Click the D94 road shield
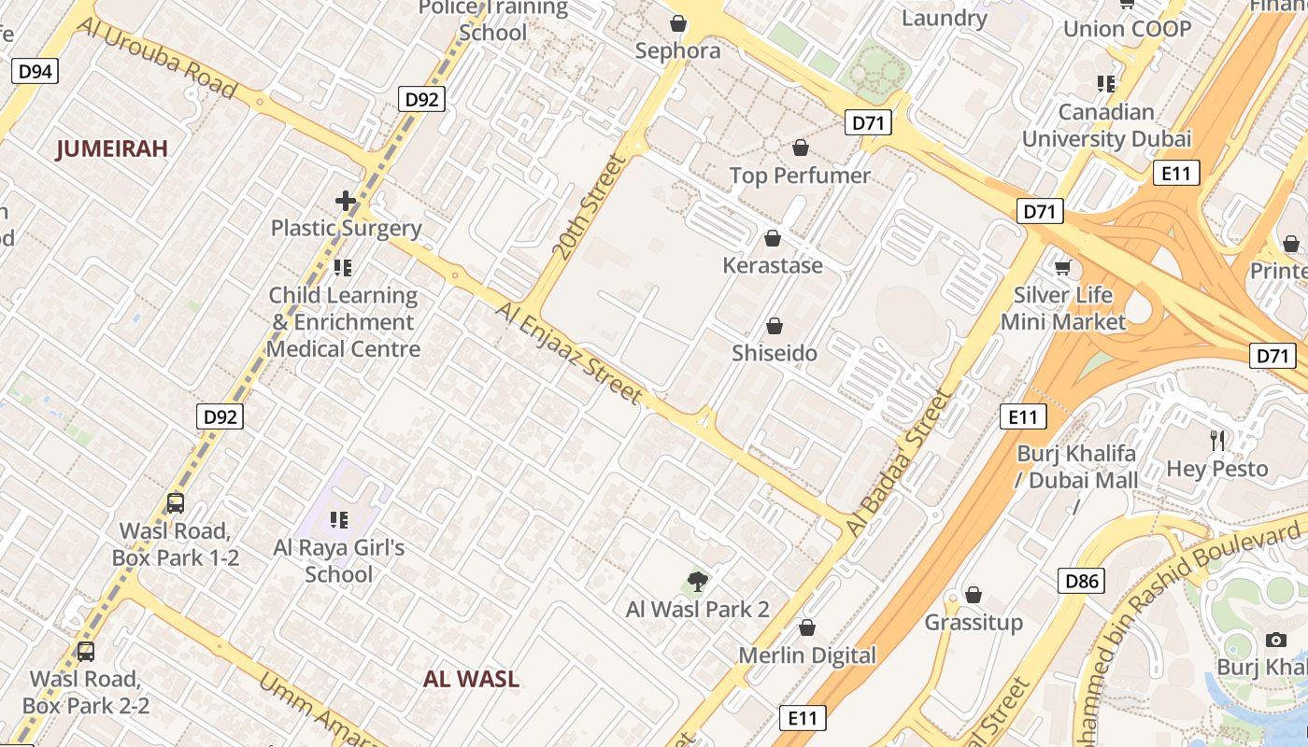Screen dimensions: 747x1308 click(36, 71)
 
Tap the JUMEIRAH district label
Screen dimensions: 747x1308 click(112, 148)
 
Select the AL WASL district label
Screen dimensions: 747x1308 click(471, 679)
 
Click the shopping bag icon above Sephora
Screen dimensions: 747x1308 click(678, 22)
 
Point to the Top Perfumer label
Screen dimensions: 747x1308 click(800, 176)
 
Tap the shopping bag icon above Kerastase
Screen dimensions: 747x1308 click(773, 238)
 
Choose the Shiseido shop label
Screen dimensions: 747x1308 click(775, 353)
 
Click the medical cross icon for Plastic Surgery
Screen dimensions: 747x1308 click(346, 201)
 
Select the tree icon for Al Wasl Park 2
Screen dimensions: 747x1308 click(697, 582)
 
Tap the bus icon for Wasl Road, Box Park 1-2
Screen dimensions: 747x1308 click(176, 503)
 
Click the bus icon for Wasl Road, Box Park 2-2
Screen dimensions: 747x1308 click(86, 651)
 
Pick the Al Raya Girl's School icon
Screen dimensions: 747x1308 click(339, 520)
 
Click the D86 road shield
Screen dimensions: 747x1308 click(1082, 582)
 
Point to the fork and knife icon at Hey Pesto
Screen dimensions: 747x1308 click(1217, 440)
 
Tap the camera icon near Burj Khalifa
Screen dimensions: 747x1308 click(1275, 640)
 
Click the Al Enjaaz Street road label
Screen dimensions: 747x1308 click(570, 353)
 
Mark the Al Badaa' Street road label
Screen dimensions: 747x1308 click(900, 463)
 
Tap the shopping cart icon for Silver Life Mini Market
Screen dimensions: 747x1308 click(1062, 269)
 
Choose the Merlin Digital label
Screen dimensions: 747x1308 click(807, 655)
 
